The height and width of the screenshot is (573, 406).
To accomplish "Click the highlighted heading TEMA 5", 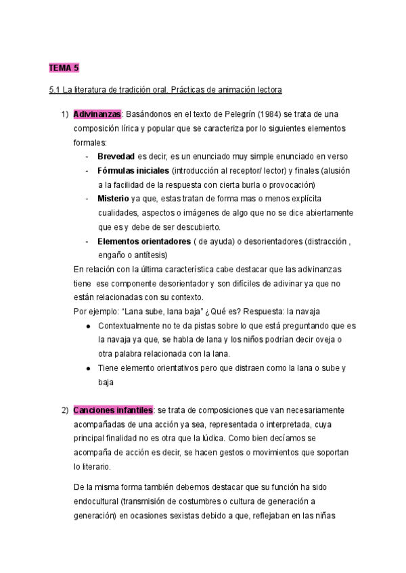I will (64, 69).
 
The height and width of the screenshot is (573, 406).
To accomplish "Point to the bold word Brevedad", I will (116, 156).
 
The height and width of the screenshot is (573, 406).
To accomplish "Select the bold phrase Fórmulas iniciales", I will (133, 170).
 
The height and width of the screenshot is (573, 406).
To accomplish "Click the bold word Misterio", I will (114, 199).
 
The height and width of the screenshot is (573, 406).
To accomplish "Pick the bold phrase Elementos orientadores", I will (143, 241).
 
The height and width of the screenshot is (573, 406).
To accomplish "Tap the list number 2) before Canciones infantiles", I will (65, 410).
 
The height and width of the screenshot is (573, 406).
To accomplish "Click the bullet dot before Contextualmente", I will (89, 326).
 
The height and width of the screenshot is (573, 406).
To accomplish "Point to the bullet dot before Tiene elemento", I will (89, 368).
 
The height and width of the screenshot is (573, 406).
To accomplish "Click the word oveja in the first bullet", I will (325, 340).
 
